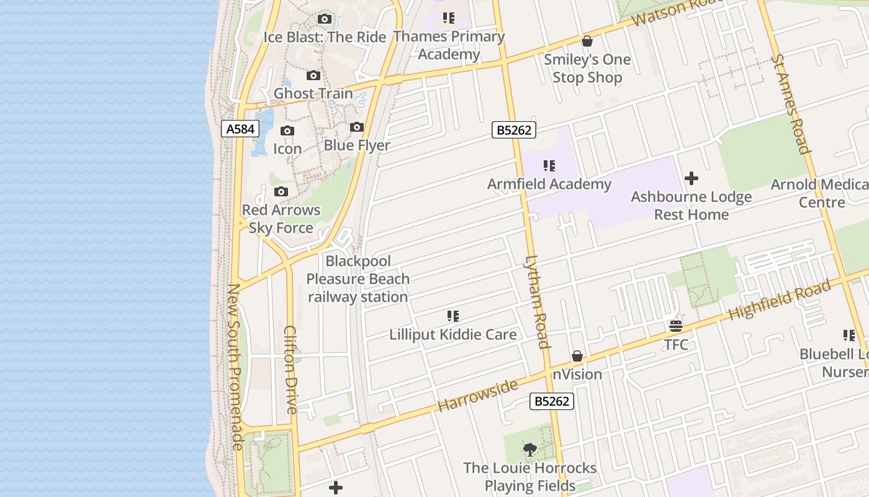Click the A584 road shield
[240, 129]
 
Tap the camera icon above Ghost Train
[313, 76]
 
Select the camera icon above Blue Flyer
[357, 127]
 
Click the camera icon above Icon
[287, 131]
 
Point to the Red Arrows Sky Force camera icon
[281, 191]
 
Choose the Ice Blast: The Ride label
[325, 37]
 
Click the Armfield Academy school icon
[549, 166]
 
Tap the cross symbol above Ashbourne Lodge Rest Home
[691, 179]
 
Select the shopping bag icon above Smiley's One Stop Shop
[587, 42]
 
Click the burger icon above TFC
[676, 326]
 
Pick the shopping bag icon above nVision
[577, 356]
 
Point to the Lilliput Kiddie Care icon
[453, 317]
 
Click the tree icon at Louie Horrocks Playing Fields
[529, 449]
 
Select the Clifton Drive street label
[290, 370]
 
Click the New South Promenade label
[235, 367]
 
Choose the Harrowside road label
[477, 396]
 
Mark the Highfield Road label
[779, 301]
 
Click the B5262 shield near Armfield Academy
[514, 130]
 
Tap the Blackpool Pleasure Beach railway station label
[358, 279]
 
